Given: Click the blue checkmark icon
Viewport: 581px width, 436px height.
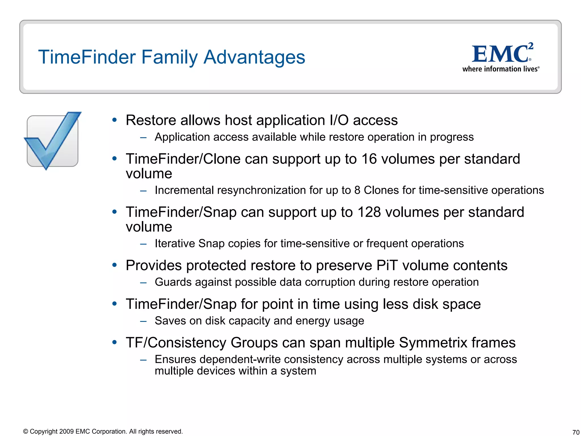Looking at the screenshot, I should (x=53, y=141).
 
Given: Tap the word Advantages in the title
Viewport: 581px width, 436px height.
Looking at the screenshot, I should (x=254, y=57).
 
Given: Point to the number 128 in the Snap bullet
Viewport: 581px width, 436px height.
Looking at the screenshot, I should (x=369, y=212).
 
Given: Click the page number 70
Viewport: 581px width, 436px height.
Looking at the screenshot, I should (x=576, y=432).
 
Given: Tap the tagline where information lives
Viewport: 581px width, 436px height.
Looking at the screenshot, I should (x=501, y=69).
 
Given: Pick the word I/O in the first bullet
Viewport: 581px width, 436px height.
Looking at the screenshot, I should (x=339, y=120).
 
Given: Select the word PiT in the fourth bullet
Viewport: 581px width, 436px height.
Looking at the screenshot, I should (x=387, y=266).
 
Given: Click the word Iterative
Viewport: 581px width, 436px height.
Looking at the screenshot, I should (x=175, y=244).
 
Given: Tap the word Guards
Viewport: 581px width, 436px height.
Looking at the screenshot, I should (x=173, y=282).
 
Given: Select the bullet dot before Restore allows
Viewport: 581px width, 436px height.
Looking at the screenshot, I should (x=114, y=120).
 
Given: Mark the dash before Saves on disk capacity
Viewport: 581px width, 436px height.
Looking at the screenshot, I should (x=143, y=321).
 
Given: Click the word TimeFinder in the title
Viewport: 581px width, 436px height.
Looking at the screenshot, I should (x=87, y=57).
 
